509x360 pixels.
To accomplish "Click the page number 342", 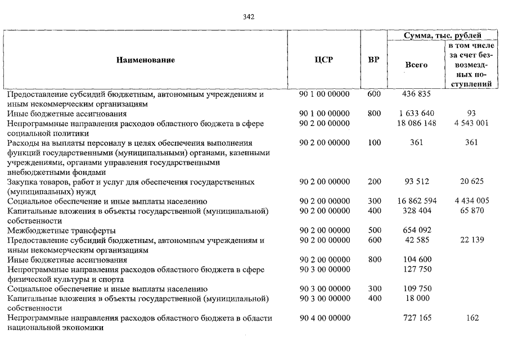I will (249, 17).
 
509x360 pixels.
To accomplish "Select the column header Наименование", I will (146, 60).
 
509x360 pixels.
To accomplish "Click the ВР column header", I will (373, 60).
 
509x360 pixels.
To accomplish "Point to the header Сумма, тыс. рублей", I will (443, 35).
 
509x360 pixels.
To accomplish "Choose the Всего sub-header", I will (416, 65).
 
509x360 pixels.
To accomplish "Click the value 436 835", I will (416, 94).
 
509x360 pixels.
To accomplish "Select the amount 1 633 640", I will (416, 114).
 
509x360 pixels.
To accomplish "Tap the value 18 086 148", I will (416, 123).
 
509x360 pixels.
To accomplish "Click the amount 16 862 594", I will (416, 201).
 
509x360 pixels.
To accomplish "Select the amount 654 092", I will (416, 230).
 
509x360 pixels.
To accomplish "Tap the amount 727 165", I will (416, 318).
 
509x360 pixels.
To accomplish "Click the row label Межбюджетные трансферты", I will (61, 230).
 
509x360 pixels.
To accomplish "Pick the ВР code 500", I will (374, 230).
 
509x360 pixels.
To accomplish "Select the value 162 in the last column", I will (472, 318).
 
